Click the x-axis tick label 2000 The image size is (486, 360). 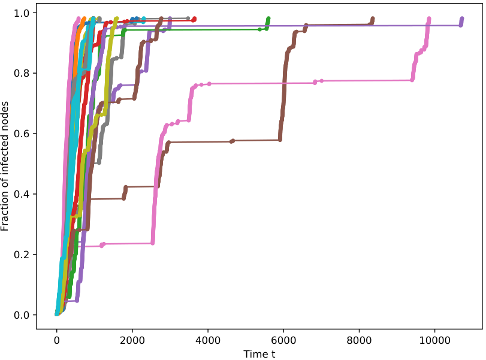coord(132,340)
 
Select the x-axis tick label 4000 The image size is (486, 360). coord(208,340)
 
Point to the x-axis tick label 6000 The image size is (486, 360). coord(283,340)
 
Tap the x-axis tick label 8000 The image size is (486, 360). coord(359,340)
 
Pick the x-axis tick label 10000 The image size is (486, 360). coord(434,340)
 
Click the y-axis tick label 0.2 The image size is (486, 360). coord(22,255)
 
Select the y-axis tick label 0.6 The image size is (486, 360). coord(22,134)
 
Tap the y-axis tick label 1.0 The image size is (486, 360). coord(22,13)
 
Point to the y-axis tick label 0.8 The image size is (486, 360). coord(22,73)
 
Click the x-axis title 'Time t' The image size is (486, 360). coord(259,354)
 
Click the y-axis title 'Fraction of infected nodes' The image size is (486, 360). coord(5,166)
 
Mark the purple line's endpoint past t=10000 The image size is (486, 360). coord(462,19)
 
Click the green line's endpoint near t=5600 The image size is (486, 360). coord(268,19)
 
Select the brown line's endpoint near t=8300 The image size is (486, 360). coord(373,19)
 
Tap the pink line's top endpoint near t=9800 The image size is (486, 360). coord(429,19)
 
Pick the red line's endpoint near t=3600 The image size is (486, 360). coord(194,19)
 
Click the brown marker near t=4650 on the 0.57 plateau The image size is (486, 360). coord(233,141)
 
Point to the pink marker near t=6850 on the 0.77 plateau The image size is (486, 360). coord(315,82)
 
